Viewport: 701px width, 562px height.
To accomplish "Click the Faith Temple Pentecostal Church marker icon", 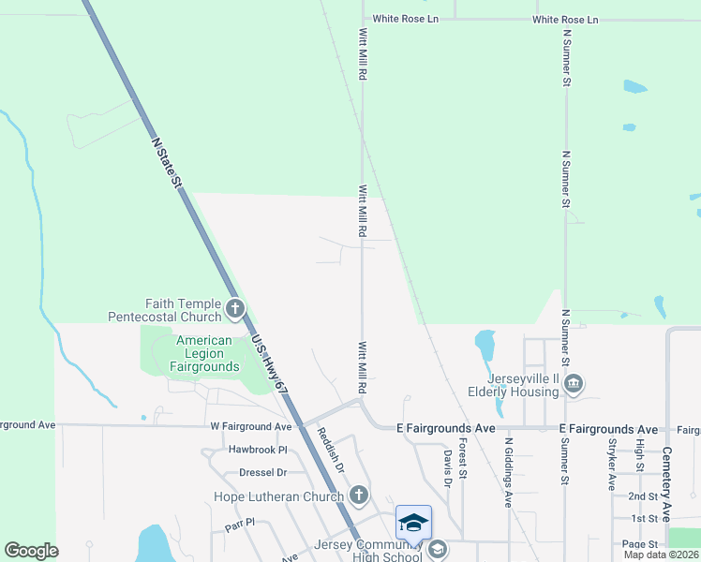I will click(234, 307).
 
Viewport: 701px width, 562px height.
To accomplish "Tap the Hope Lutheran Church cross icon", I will click(357, 495).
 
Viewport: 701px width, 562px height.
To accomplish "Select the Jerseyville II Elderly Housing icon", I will click(574, 383).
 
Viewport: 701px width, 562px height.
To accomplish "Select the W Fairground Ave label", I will click(252, 426).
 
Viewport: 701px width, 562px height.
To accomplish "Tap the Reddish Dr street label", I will click(333, 451).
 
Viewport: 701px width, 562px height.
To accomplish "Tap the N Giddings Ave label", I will click(508, 473).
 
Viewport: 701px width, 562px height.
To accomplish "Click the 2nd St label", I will click(643, 495).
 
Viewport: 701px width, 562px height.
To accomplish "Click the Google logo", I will click(31, 551).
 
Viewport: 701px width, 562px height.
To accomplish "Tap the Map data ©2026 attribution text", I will click(660, 555).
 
